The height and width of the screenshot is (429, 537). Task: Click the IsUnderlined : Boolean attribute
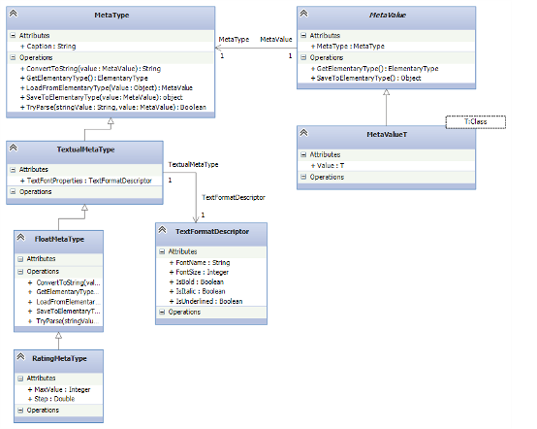[x=208, y=301]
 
